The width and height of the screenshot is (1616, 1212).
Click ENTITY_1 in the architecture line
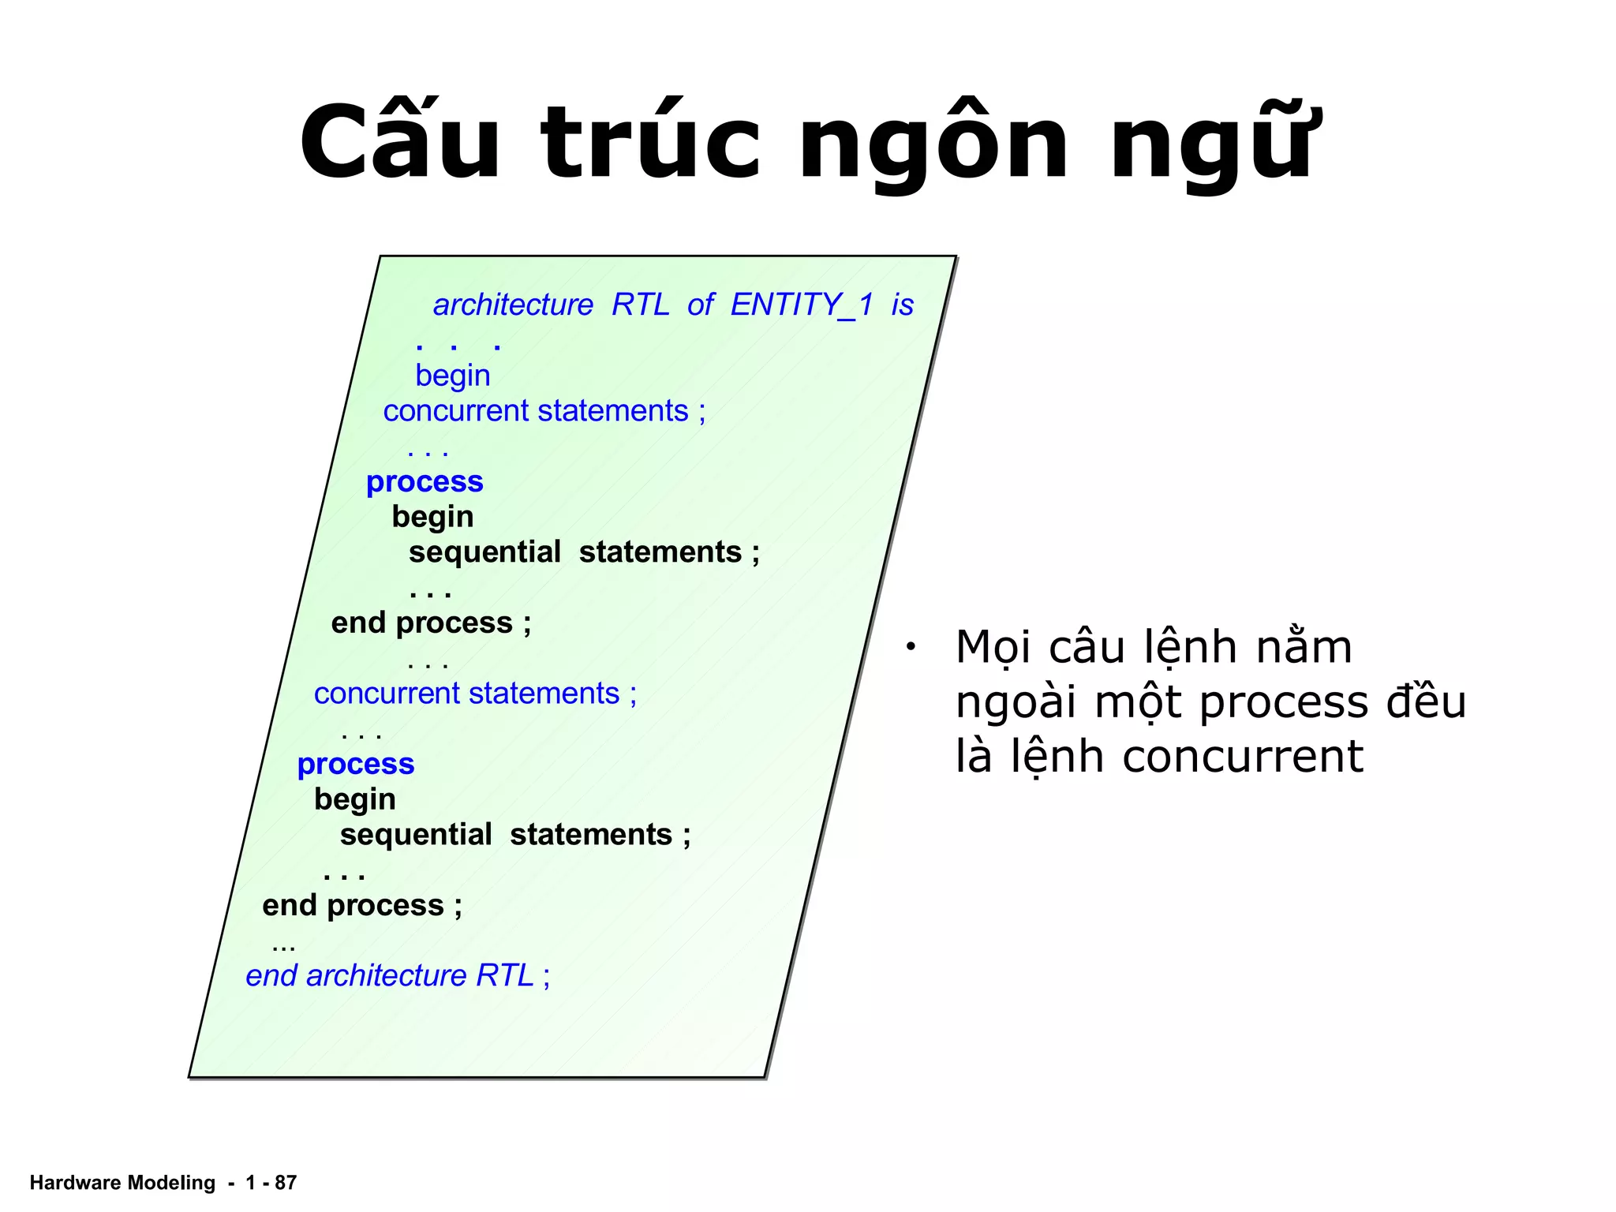tap(802, 305)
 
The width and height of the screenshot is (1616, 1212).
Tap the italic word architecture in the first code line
tap(513, 305)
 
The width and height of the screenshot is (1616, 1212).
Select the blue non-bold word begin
tap(453, 376)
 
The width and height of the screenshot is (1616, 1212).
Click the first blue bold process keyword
tap(425, 481)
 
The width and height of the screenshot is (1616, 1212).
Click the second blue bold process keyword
tap(356, 764)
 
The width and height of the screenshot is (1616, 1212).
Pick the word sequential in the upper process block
tap(484, 552)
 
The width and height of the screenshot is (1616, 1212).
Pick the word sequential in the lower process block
tap(416, 835)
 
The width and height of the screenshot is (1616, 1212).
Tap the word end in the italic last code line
tap(271, 976)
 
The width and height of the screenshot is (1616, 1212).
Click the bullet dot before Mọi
tap(910, 648)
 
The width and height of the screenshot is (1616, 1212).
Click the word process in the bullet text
tap(1283, 702)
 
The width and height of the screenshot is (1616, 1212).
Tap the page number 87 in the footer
tap(286, 1183)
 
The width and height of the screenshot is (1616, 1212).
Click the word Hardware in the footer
tap(75, 1183)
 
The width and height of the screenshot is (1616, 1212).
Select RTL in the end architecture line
tap(505, 976)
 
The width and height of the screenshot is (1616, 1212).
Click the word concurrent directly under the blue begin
tap(455, 411)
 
